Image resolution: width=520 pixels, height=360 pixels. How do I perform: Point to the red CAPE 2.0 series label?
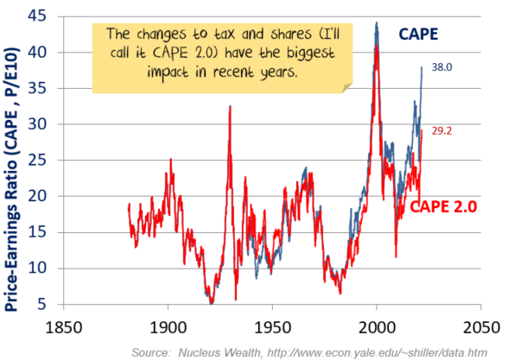[x=443, y=206]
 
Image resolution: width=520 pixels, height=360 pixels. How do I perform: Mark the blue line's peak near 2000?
[x=377, y=23]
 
